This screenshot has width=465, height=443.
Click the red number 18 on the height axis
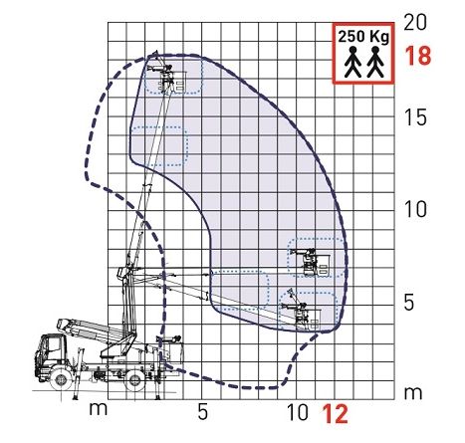coord(419,56)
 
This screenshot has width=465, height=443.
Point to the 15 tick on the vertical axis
coord(416,117)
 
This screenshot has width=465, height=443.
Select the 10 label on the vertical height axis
coord(416,209)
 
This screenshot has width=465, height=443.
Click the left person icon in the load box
coord(350,64)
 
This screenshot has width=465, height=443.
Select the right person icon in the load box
coord(374,64)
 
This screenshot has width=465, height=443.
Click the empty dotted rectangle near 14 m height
coord(159,145)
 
